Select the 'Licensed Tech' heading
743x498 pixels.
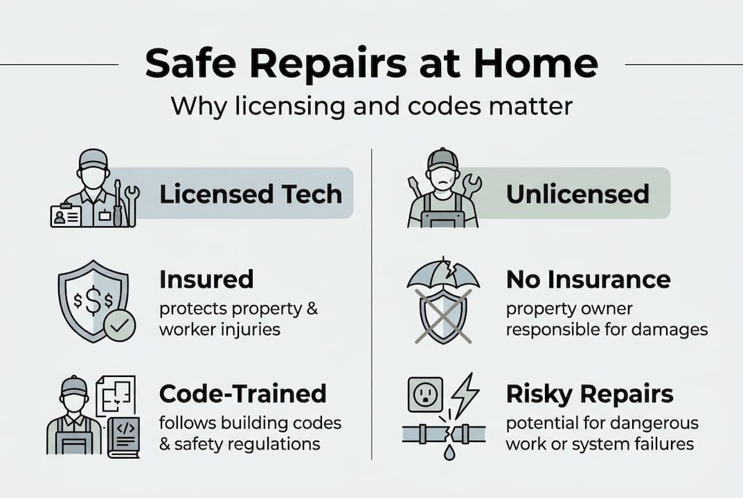tap(250, 194)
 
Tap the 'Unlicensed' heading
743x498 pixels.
tap(578, 194)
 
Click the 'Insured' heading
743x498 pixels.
tap(206, 279)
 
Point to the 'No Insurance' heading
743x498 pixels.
tap(588, 279)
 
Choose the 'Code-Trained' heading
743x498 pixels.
tap(242, 394)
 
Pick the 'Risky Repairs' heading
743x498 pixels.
tap(589, 394)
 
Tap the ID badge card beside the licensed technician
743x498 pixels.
tap(66, 216)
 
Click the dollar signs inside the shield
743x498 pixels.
tap(92, 303)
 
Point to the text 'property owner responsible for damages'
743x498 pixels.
tap(606, 319)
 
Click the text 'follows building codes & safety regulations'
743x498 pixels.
tap(249, 432)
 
